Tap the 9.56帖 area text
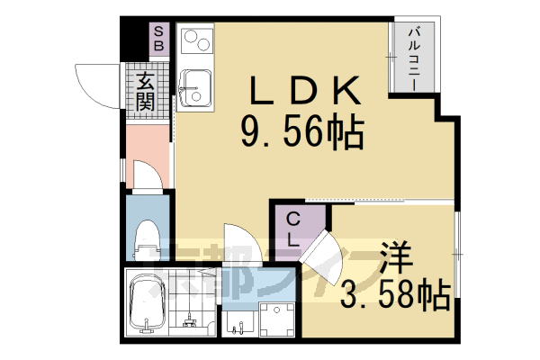[301, 135]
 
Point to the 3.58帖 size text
[395, 294]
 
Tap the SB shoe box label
[158, 38]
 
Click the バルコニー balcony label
[413, 59]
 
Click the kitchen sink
[194, 86]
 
